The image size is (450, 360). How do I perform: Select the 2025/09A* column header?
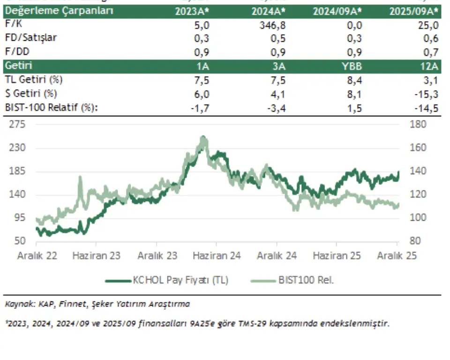tap(414, 11)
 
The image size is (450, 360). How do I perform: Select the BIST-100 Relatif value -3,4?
tap(277, 108)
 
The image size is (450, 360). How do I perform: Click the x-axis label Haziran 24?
tap(217, 256)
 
